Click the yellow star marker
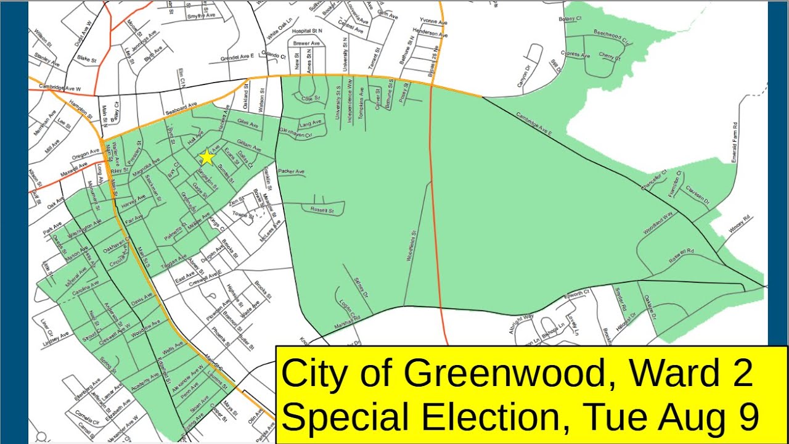coord(206,157)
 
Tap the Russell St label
coord(322,210)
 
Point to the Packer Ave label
coord(292,171)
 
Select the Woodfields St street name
coord(412,246)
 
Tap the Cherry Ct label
coord(610,57)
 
